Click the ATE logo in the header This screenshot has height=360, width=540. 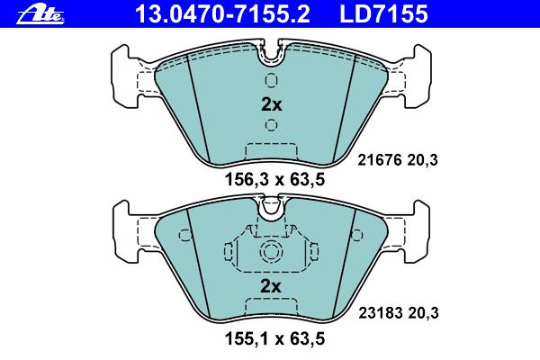[40, 15]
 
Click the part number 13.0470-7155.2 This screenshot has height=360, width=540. [223, 14]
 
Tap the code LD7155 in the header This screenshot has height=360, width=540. [384, 14]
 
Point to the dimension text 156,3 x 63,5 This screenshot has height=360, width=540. [274, 180]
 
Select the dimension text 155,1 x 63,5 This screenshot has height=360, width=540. [274, 338]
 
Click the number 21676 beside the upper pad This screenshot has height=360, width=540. [380, 160]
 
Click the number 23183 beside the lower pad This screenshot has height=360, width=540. [381, 313]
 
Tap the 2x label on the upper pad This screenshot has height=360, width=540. [272, 104]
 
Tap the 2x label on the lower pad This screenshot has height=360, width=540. [271, 286]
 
